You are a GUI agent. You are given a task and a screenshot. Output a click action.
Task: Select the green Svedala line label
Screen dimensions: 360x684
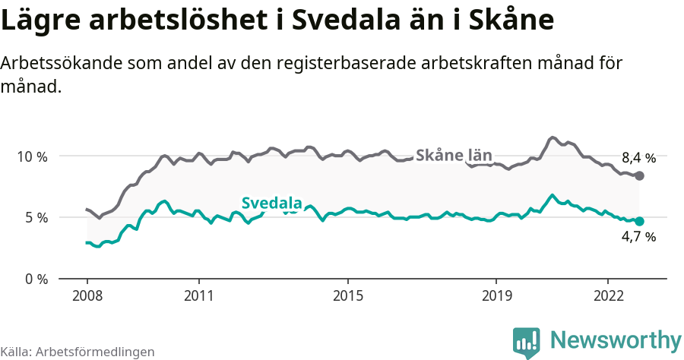tap(271, 203)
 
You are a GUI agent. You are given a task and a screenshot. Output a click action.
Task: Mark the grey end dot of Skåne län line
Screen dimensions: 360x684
tap(639, 175)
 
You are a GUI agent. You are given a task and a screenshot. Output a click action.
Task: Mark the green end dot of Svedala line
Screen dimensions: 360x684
tap(639, 221)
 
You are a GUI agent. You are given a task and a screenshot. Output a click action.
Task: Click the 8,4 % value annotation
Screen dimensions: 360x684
tap(638, 158)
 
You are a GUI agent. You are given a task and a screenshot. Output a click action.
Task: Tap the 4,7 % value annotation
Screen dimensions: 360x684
tap(638, 237)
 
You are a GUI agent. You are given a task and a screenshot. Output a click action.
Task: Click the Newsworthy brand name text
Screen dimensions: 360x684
tap(616, 340)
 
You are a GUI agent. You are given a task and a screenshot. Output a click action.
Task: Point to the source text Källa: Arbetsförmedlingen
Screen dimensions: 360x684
tap(78, 352)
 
